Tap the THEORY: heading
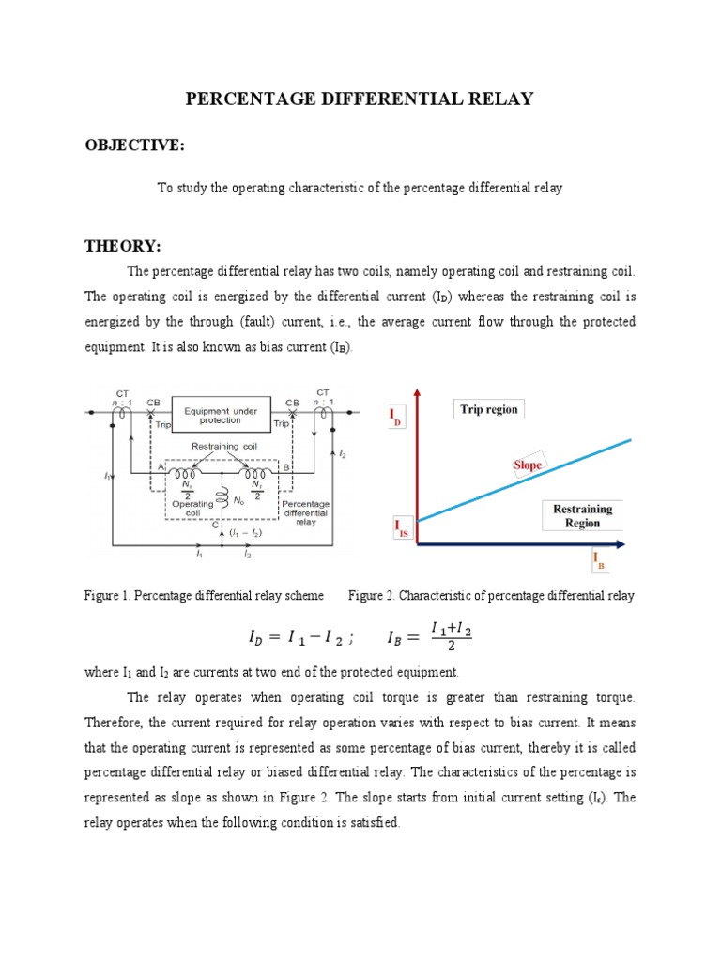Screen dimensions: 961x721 [x=123, y=246]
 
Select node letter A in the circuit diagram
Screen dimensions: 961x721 [x=161, y=466]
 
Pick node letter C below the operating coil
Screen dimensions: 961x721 [x=217, y=526]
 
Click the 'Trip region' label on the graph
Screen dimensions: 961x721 [x=488, y=409]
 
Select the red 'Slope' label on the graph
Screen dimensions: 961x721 [x=528, y=465]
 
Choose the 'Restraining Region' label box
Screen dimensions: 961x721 [x=582, y=516]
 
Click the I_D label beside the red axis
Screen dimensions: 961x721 [x=395, y=418]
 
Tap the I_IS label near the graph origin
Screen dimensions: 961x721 [x=399, y=528]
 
